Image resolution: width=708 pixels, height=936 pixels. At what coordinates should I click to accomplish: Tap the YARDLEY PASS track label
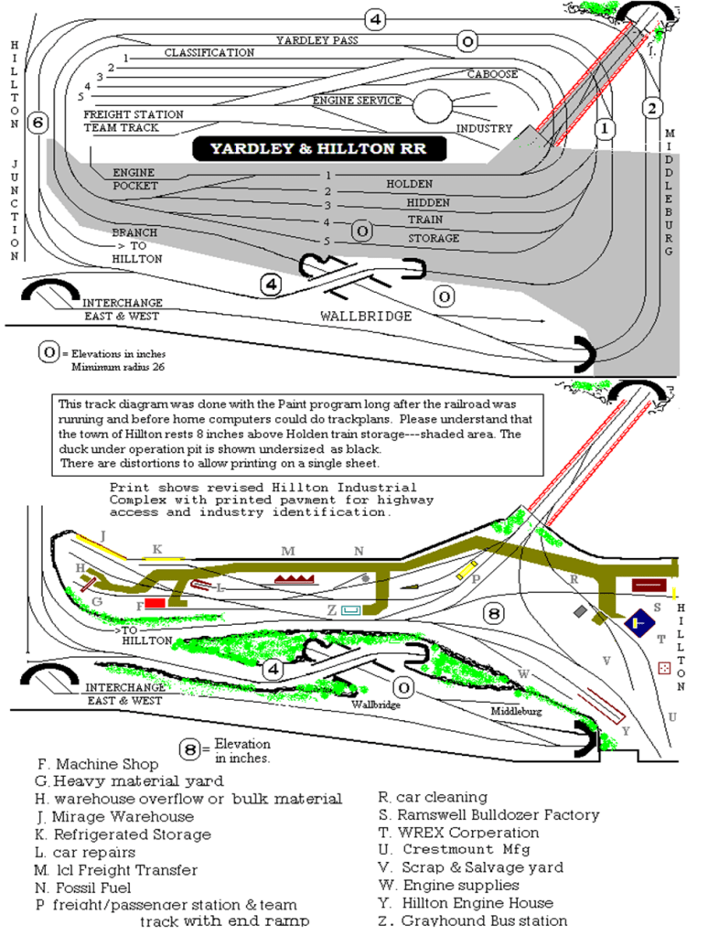pos(316,40)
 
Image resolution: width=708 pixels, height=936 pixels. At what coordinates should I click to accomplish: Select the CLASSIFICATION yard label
pos(209,53)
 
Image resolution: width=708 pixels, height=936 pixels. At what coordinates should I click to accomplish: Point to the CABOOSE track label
pos(493,74)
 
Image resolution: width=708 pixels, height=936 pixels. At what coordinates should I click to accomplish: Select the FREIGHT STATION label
pos(134,114)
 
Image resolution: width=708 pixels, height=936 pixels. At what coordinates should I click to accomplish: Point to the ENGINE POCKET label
pos(134,178)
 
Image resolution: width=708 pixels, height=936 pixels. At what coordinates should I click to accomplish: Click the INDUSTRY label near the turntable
pos(485,129)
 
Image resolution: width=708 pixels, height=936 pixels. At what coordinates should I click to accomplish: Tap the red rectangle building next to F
pos(155,604)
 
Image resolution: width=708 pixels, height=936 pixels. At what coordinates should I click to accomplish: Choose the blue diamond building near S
pos(637,623)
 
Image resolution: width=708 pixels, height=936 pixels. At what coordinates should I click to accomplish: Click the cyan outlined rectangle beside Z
pos(351,609)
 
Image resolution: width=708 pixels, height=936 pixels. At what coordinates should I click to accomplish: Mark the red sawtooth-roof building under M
pos(294,579)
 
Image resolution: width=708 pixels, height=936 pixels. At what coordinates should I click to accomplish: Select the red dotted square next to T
pos(663,670)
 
